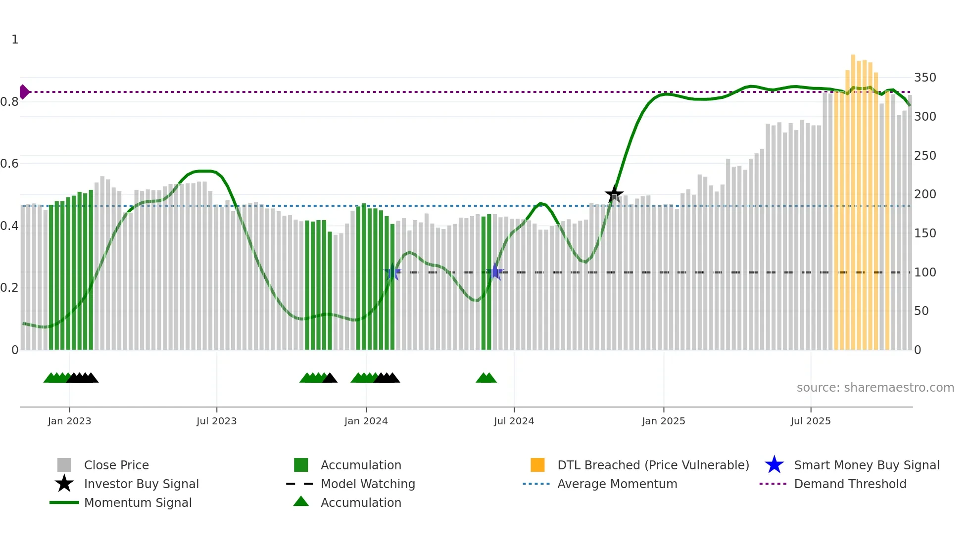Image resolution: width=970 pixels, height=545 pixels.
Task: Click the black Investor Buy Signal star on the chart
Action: [x=614, y=194]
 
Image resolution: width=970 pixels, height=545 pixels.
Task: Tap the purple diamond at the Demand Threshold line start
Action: [x=24, y=92]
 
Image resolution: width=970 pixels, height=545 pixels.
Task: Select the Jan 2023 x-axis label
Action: [x=69, y=421]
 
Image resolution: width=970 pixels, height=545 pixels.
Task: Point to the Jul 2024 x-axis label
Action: [x=514, y=421]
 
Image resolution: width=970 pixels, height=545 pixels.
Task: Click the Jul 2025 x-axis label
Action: [x=810, y=421]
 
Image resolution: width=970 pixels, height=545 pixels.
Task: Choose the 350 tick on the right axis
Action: [x=925, y=78]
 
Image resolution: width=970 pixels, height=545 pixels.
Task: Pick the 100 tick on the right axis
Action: [x=925, y=272]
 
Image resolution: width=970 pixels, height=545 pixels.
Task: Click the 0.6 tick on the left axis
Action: [x=9, y=164]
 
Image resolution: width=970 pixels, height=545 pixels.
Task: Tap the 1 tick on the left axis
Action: [x=15, y=40]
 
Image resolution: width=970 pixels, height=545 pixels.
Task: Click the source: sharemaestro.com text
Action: [x=875, y=388]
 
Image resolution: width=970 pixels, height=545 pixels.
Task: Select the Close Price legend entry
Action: [x=116, y=465]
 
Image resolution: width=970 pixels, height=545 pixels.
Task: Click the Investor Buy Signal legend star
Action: [x=64, y=484]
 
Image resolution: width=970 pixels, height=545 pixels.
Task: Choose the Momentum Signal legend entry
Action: [x=138, y=502]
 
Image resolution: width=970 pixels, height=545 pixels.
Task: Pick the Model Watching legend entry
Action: [x=368, y=484]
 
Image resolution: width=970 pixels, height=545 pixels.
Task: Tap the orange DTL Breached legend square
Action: [x=537, y=465]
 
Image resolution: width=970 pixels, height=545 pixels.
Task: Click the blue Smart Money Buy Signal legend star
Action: [x=774, y=465]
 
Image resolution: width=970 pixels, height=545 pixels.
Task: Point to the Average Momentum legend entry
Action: [x=617, y=484]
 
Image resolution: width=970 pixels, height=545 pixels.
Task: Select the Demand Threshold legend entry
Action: [x=850, y=484]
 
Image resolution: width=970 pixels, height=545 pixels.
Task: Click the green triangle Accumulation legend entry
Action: [x=301, y=501]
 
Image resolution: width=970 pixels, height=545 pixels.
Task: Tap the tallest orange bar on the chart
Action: [x=853, y=198]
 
